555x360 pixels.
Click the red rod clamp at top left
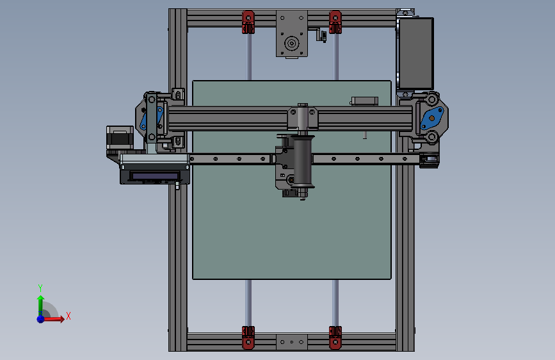tap(248, 22)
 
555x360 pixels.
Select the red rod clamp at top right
tap(334, 22)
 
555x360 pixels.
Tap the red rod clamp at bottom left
tap(248, 337)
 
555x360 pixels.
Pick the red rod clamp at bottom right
tap(335, 337)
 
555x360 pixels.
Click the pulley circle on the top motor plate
tap(291, 44)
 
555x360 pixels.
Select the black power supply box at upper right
tap(416, 53)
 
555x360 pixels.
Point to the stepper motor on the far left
tap(119, 139)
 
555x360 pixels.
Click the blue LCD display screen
tap(154, 175)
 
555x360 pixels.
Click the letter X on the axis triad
tap(68, 316)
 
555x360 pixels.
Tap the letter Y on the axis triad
tap(40, 288)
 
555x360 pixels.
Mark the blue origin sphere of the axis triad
tap(40, 318)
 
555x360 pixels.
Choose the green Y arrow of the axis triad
tap(40, 302)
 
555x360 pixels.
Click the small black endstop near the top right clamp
tap(322, 36)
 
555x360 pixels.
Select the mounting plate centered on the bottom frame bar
tap(291, 342)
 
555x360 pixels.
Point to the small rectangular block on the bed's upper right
tap(364, 101)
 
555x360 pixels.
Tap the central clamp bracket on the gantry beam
tap(302, 117)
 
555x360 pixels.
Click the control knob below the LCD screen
tap(176, 187)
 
